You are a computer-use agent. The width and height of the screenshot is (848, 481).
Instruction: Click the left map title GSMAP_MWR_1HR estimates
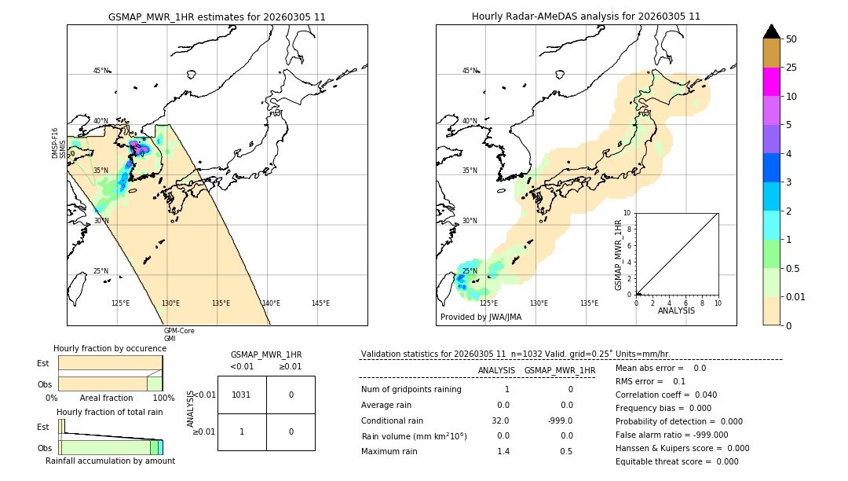pyautogui.click(x=217, y=17)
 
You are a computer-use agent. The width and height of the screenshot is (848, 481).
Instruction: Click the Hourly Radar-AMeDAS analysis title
pyautogui.click(x=586, y=17)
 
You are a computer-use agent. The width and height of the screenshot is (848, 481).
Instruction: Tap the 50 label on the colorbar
pyautogui.click(x=792, y=39)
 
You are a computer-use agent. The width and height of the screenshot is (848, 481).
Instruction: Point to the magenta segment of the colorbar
pyautogui.click(x=771, y=82)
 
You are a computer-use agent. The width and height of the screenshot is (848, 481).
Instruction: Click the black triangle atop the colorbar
pyautogui.click(x=771, y=31)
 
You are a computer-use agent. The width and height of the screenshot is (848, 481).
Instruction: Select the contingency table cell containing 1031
pyautogui.click(x=241, y=395)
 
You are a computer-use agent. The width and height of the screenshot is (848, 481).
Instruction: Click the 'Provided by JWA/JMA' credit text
pyautogui.click(x=481, y=318)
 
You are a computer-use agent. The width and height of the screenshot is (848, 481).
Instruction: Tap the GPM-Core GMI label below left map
pyautogui.click(x=179, y=335)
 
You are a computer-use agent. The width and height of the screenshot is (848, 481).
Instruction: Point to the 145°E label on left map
pyautogui.click(x=320, y=303)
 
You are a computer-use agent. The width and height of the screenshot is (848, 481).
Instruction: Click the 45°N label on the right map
pyautogui.click(x=470, y=71)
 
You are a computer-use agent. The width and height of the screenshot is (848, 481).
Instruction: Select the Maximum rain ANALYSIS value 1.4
pyautogui.click(x=503, y=451)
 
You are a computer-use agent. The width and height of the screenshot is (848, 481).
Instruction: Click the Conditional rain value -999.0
pyautogui.click(x=560, y=420)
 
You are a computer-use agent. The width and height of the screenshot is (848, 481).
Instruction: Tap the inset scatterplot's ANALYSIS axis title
pyautogui.click(x=677, y=311)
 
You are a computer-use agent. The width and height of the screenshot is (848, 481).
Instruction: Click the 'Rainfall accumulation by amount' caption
pyautogui.click(x=110, y=461)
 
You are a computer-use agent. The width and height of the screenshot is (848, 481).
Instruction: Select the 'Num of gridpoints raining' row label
pyautogui.click(x=411, y=390)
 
